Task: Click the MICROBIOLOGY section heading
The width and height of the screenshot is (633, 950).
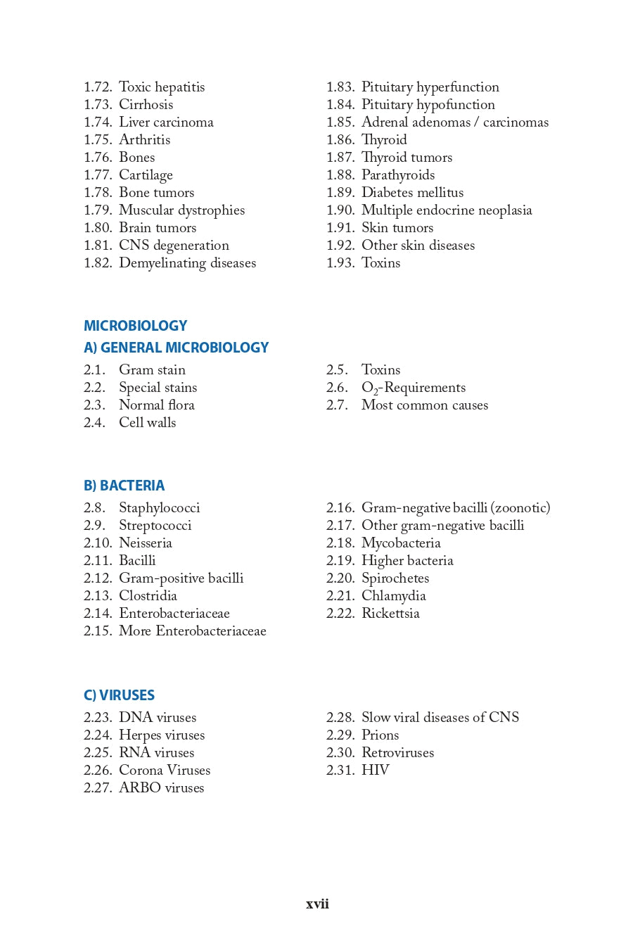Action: pyautogui.click(x=135, y=326)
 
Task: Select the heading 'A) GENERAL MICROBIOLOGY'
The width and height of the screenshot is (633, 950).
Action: pyautogui.click(x=176, y=348)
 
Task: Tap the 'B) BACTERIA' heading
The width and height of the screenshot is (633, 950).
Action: pyautogui.click(x=124, y=486)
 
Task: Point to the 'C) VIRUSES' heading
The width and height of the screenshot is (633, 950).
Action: pyautogui.click(x=119, y=695)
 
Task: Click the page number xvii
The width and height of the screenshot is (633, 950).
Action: pyautogui.click(x=317, y=904)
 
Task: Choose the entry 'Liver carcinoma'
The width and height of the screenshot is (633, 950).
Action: pyautogui.click(x=166, y=122)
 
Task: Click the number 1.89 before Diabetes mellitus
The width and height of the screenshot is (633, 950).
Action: pyautogui.click(x=340, y=193)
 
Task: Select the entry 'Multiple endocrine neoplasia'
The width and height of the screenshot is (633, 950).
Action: pyautogui.click(x=447, y=210)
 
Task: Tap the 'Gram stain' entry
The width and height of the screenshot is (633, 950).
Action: pyautogui.click(x=152, y=370)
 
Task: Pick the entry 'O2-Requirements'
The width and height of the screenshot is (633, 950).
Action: pyautogui.click(x=413, y=388)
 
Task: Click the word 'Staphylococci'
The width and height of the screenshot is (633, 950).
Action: pyautogui.click(x=159, y=508)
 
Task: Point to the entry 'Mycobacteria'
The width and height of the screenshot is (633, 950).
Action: pyautogui.click(x=401, y=543)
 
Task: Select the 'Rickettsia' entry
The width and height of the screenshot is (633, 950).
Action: pyautogui.click(x=390, y=614)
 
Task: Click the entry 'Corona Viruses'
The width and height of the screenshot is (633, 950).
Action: pyautogui.click(x=165, y=771)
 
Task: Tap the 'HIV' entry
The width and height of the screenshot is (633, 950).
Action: pyautogui.click(x=375, y=771)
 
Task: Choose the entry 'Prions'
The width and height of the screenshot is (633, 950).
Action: pyautogui.click(x=380, y=735)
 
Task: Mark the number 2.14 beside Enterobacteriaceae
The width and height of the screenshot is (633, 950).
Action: pyautogui.click(x=97, y=614)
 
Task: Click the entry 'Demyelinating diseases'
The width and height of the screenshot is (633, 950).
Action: pyautogui.click(x=187, y=263)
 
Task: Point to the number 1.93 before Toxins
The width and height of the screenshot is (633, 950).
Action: pyautogui.click(x=340, y=263)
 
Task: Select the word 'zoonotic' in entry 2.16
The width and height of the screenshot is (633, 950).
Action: pyautogui.click(x=520, y=508)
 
